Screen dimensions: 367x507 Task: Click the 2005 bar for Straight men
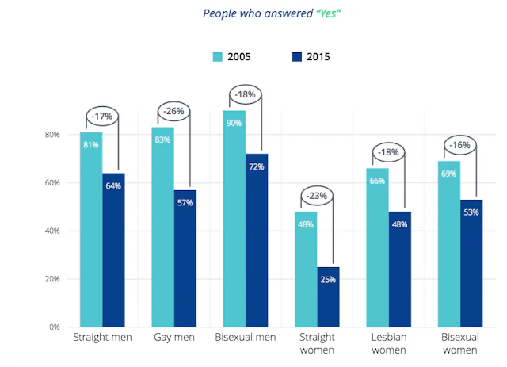click(x=91, y=230)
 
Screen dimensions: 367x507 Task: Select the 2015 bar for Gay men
click(x=185, y=258)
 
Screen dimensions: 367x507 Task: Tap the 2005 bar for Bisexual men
click(x=234, y=219)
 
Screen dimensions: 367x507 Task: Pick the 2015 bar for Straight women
click(x=328, y=296)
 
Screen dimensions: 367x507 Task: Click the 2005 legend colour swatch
click(x=219, y=56)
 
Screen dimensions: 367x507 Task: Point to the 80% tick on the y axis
click(x=51, y=135)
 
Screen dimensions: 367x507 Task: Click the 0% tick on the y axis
click(x=53, y=327)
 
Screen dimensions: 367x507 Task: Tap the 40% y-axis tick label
click(x=51, y=231)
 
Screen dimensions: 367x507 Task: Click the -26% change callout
click(x=174, y=111)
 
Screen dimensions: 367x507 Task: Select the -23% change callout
click(x=317, y=195)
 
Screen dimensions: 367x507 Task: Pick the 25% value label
click(x=328, y=278)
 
